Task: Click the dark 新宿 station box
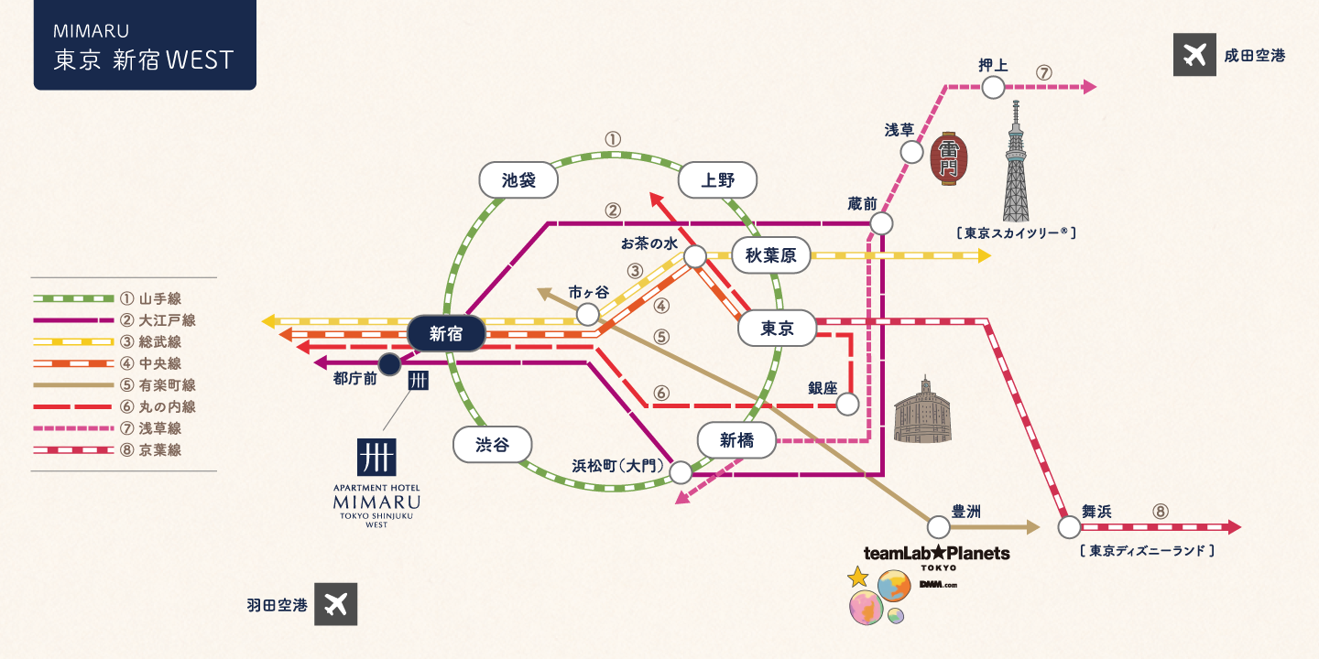point(446,333)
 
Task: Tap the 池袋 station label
point(519,180)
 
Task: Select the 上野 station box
point(718,180)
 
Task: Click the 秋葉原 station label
point(770,256)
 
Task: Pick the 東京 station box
point(777,329)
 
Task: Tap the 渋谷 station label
point(492,445)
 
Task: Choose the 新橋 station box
point(736,440)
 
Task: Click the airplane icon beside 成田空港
point(1194,56)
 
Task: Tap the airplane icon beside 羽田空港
point(336,605)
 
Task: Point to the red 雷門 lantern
point(949,158)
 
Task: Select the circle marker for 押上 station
point(993,88)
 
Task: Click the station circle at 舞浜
point(1069,527)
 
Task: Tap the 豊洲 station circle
point(939,527)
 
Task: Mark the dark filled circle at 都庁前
point(389,364)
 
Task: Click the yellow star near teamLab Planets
point(857,577)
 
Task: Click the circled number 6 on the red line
point(661,394)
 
